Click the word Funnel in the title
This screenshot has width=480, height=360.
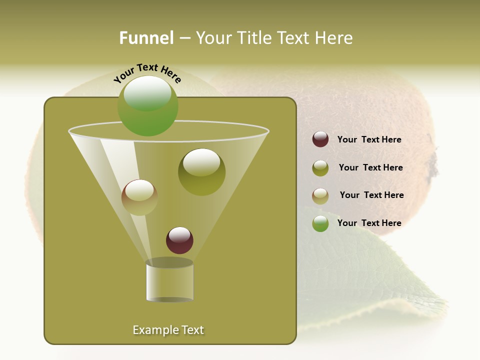(146, 38)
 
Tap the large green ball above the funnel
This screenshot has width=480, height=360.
(147, 106)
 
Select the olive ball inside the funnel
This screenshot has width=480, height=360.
(201, 171)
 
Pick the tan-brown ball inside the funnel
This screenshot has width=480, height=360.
(139, 197)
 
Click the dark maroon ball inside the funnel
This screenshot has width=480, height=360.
(179, 240)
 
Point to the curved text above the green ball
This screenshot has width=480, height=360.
(147, 73)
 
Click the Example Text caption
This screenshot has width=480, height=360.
(168, 330)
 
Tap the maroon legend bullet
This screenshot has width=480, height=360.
(320, 139)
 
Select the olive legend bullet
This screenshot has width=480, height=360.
(320, 168)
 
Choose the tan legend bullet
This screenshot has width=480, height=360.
(320, 196)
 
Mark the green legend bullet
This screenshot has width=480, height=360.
(320, 223)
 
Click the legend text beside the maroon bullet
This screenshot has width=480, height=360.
(369, 139)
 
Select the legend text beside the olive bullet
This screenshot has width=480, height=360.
(370, 167)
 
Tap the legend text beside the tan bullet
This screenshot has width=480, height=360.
(371, 195)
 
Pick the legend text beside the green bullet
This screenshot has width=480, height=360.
(369, 223)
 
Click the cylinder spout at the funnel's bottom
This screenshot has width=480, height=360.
(169, 282)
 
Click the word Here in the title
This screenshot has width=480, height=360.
(335, 38)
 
